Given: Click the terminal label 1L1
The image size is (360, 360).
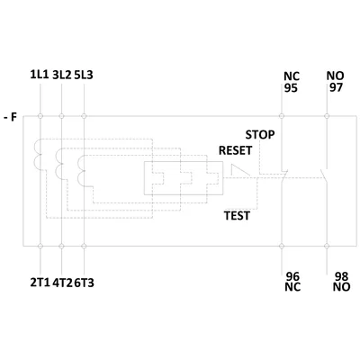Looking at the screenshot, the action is click(x=39, y=75).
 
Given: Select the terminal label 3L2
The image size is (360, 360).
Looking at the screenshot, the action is click(x=62, y=75).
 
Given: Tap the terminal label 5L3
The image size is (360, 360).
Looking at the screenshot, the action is click(x=84, y=75).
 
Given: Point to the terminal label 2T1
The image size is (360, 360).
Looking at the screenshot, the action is click(x=40, y=283).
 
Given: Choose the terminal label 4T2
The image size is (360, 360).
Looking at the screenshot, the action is click(x=63, y=283).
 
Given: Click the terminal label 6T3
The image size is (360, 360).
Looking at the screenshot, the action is click(x=84, y=283).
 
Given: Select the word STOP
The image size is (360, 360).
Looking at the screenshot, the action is click(x=260, y=135).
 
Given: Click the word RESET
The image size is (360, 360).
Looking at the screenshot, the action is click(x=236, y=150).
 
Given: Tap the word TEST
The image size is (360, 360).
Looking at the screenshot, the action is click(x=237, y=216).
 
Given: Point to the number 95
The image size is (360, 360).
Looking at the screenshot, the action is click(x=291, y=88).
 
